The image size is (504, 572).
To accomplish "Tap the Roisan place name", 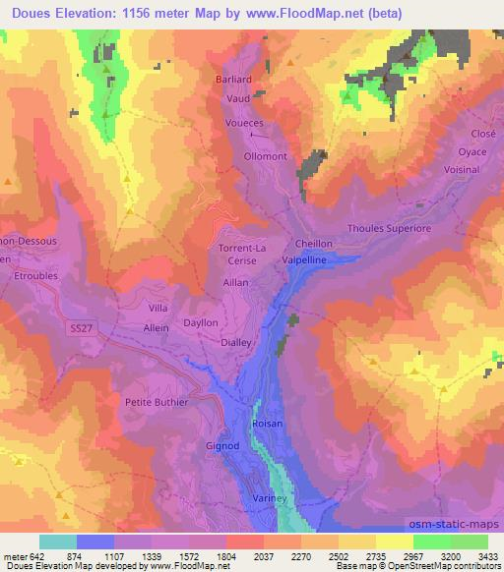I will pos(268,424).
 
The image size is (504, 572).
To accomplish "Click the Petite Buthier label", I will pos(157,402).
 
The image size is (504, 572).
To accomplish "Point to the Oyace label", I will pos(472,152).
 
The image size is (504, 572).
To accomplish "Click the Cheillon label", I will pos(314,244).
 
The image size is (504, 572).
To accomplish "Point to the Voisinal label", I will pos(462,169).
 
